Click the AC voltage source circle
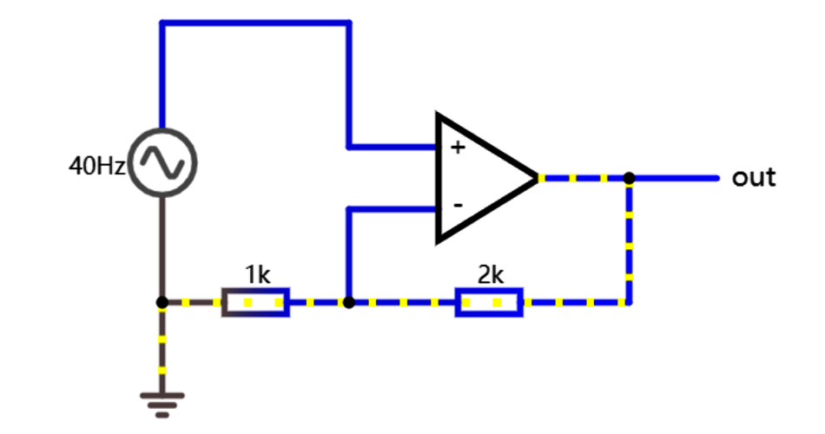pos(162,162)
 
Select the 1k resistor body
pos(255,303)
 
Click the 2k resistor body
pos(489,303)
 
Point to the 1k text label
pos(257,275)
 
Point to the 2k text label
pos(491,275)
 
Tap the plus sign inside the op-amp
pos(457,148)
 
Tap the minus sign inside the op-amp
pos(457,207)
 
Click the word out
pos(753,178)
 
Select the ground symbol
pos(162,400)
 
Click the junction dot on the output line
pos(629,178)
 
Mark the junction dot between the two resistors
pos(348,303)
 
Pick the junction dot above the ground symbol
pos(162,303)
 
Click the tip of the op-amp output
pos(538,178)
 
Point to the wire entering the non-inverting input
pos(391,146)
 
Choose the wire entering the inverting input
pos(391,208)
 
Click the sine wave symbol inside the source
pos(162,162)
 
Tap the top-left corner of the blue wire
pos(162,23)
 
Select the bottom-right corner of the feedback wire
pos(629,303)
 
